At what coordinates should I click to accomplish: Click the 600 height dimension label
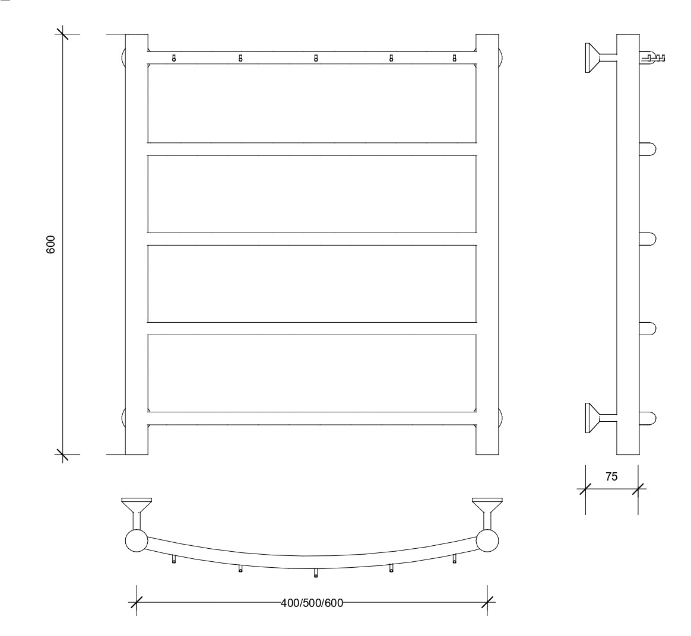tap(50, 244)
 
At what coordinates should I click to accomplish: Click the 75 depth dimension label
tap(611, 476)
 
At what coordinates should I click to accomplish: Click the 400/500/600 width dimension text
tap(312, 603)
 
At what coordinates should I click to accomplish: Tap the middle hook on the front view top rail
tap(316, 58)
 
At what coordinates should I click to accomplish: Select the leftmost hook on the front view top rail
tap(173, 58)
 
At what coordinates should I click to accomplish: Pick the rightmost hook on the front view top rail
tap(454, 58)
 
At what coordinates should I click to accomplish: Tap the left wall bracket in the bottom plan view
tap(137, 513)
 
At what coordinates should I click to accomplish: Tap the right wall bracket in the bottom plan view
tap(487, 513)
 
